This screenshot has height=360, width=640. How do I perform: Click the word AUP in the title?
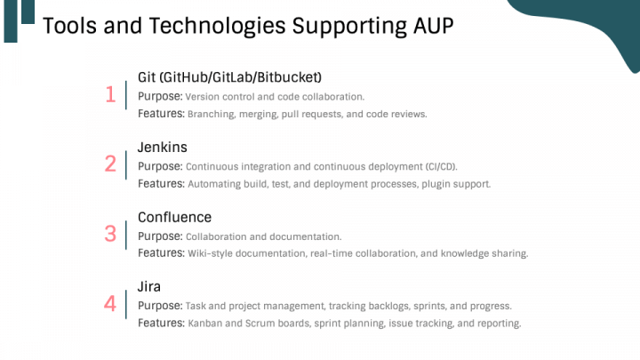click(433, 25)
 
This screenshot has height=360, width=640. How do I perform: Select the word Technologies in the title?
click(217, 26)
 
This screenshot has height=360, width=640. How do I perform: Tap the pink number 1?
click(110, 94)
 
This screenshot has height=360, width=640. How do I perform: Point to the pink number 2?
click(110, 164)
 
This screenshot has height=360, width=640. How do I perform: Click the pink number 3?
click(110, 234)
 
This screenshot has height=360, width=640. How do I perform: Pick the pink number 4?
click(110, 304)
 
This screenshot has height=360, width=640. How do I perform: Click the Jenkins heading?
click(162, 148)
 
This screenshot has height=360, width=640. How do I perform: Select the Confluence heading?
click(174, 217)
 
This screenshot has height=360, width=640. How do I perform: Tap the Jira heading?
click(149, 286)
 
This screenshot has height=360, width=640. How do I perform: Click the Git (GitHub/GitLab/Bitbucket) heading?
click(229, 77)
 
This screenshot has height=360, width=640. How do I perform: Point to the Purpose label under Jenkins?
click(160, 166)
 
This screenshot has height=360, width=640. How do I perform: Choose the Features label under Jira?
click(161, 323)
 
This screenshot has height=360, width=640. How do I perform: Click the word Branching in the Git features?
click(211, 115)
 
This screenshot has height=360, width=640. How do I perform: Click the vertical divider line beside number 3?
click(126, 235)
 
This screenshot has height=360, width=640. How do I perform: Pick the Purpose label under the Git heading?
click(160, 96)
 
